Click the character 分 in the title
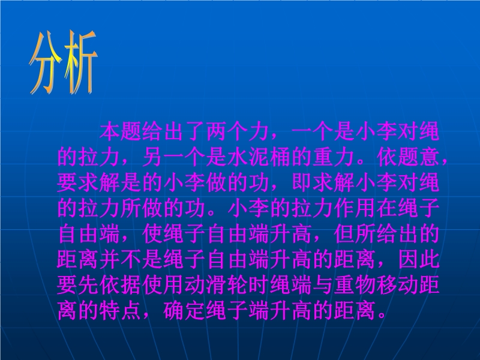click(x=46, y=62)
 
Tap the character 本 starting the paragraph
click(x=110, y=131)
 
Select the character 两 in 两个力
click(x=217, y=131)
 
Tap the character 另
click(x=152, y=157)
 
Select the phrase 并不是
click(x=131, y=260)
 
